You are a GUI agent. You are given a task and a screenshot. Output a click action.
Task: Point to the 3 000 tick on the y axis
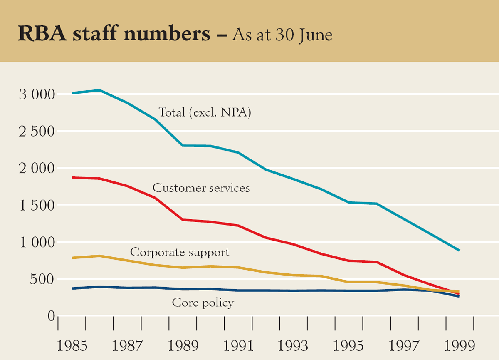coord(37,95)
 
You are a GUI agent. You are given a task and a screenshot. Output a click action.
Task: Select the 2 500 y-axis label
coord(37,132)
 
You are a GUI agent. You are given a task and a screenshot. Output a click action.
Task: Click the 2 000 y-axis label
coord(37,169)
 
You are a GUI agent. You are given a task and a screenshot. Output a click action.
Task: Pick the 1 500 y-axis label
coord(37,205)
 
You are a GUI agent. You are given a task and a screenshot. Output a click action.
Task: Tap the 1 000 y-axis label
coord(37,242)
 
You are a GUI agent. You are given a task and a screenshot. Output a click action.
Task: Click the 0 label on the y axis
coord(51,316)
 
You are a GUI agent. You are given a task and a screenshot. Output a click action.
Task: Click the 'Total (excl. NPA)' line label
coord(205,112)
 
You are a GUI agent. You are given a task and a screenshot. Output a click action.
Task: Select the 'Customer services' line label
coord(201,188)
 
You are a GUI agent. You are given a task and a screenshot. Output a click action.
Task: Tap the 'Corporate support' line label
coord(180,252)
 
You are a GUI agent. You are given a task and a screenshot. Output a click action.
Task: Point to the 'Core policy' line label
coord(203,303)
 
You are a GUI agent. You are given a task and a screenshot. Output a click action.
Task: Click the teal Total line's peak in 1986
coord(99,90)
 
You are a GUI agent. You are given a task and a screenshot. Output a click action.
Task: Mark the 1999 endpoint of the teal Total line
coord(459,251)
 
